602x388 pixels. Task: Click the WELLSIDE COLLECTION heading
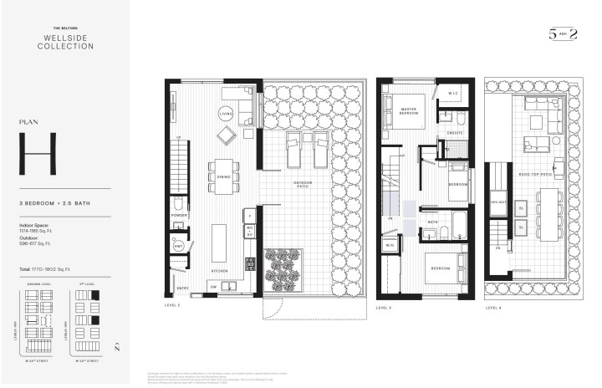pos(65,42)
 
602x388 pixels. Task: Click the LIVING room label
pos(225,113)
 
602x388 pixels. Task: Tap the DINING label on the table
pos(224,176)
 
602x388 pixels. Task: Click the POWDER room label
pos(178,214)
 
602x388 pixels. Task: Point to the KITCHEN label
pos(218,271)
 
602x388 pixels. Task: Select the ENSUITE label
pos(454,133)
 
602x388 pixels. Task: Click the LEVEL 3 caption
pos(384,308)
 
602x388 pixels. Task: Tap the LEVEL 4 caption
pos(493,308)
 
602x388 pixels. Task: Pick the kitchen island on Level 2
pos(219,243)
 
